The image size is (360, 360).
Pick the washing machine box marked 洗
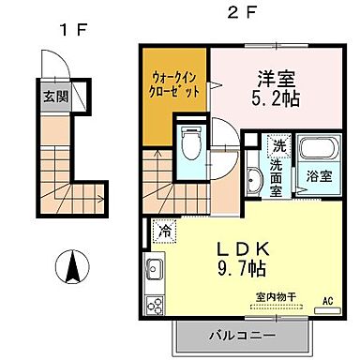point(278,147)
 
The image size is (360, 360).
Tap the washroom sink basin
point(254,181)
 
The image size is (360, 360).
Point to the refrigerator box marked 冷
point(165,229)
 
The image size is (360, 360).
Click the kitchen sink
point(153,271)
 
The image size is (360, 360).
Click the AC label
point(328,301)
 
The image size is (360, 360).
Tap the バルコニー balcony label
point(242,335)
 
